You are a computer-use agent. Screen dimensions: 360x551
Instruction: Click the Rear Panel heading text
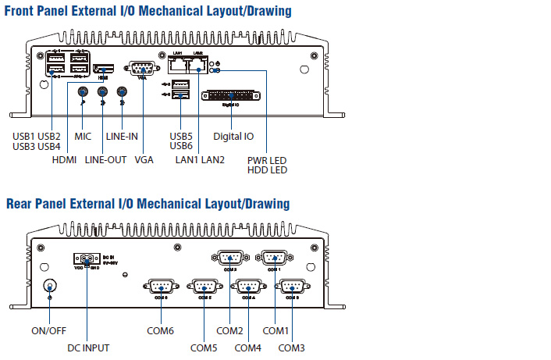coord(148,204)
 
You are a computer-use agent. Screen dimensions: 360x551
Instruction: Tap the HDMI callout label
coord(65,159)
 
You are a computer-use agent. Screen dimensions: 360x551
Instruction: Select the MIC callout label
coord(83,137)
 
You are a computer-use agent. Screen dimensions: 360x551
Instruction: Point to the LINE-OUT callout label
coord(105,159)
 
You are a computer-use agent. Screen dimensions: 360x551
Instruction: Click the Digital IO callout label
coord(233,137)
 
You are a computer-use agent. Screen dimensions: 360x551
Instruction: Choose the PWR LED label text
coord(267,160)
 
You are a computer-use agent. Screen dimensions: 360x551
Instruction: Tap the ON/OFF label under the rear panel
coord(49,330)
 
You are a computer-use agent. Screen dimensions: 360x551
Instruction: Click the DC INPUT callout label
coord(88,348)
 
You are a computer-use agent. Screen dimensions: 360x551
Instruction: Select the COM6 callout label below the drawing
coord(159,330)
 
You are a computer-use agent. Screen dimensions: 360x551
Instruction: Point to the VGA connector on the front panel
coord(141,68)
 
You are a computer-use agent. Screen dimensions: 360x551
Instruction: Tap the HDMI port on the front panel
coord(105,70)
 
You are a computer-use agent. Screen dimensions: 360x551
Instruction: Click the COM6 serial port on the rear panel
coord(160,287)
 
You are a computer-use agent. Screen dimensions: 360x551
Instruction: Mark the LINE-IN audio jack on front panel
coord(122,92)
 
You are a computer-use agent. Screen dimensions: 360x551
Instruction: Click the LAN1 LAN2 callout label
coord(199,159)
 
